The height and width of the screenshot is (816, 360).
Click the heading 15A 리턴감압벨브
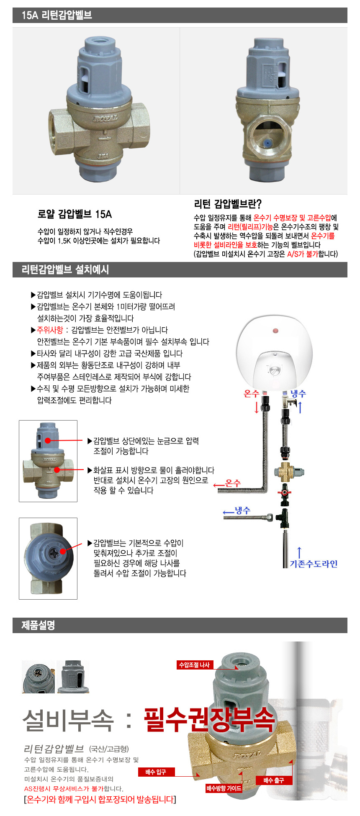pos(57,15)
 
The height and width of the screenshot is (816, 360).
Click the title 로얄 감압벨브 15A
pos(75,214)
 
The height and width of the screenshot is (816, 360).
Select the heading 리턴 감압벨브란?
pos(228,204)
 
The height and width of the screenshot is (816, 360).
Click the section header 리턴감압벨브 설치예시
pos(65,269)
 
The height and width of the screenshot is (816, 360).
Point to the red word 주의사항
pos(50,330)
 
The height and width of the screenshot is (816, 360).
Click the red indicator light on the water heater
pos(275,331)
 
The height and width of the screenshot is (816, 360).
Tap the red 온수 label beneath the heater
pos(251,393)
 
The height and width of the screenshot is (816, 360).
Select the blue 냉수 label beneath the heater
pos(298,393)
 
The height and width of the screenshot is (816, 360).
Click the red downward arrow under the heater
pos(257,407)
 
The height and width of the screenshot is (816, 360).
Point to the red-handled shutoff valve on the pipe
pos(285,492)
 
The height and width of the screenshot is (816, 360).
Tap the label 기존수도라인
pos(314,564)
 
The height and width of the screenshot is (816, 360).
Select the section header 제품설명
pos(38,626)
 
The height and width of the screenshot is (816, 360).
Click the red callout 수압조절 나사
pos(194,665)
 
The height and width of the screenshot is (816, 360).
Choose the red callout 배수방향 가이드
pos(224,788)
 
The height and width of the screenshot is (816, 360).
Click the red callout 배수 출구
pos(274,780)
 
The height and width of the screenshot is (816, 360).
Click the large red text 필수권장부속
pos(209,720)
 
